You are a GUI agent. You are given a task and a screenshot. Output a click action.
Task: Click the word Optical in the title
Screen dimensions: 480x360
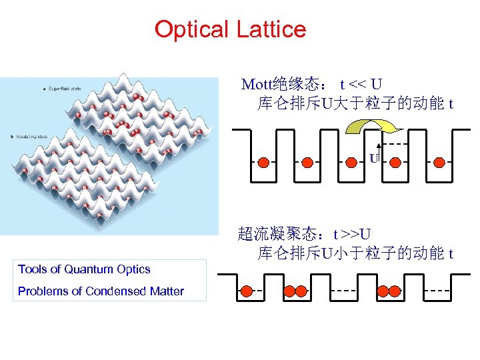[191, 29]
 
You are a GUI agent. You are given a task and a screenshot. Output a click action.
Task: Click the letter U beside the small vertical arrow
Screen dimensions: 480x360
[374, 158]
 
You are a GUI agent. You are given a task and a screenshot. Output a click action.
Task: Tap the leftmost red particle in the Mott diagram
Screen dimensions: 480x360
[263, 161]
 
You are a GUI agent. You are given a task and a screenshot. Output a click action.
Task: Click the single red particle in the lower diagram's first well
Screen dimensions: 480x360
[247, 291]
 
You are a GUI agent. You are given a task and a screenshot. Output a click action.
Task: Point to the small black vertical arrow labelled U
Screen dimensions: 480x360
[379, 153]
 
